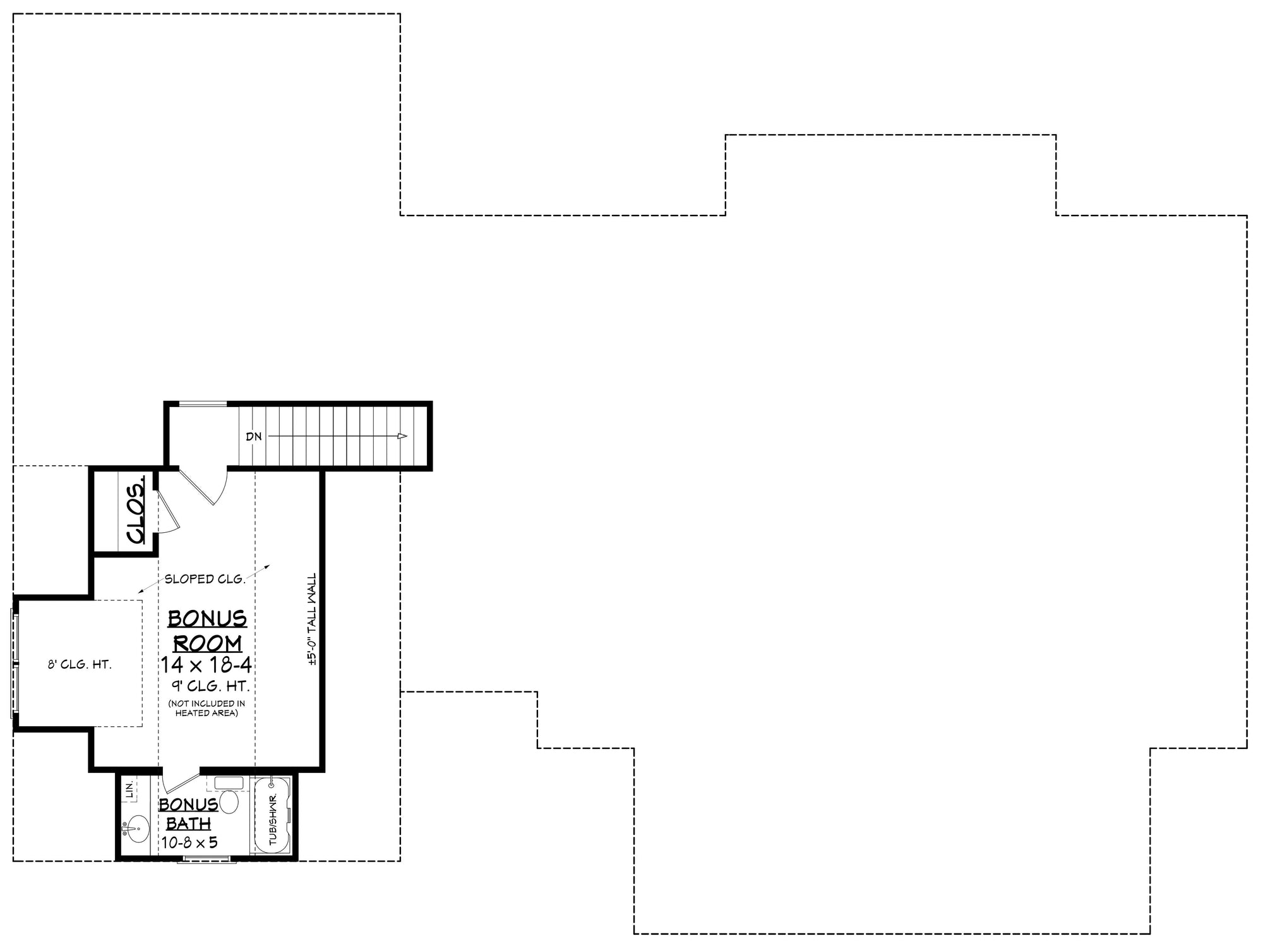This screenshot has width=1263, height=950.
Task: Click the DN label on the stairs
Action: [253, 437]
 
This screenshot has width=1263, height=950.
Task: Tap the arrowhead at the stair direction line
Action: [402, 436]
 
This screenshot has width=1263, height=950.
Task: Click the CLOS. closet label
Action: [136, 513]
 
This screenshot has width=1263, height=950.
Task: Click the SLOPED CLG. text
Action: [205, 579]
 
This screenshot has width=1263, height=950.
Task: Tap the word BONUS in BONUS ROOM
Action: [207, 618]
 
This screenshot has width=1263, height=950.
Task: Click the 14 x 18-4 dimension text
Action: [207, 666]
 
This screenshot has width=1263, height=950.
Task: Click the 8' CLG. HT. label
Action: [80, 665]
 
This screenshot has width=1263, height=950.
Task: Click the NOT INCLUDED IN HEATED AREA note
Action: [207, 708]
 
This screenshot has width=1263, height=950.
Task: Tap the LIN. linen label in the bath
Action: [129, 789]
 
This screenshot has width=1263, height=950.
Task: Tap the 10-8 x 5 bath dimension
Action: [189, 843]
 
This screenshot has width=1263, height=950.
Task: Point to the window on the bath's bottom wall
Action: [207, 859]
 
